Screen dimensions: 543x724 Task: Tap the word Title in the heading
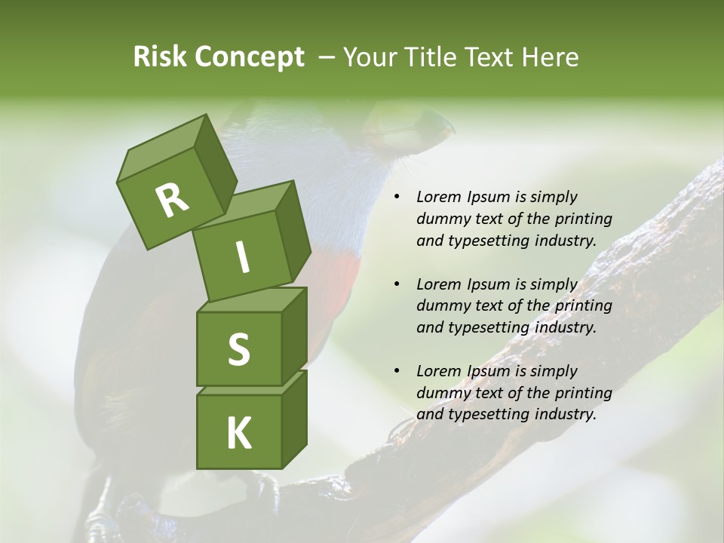pos(433,57)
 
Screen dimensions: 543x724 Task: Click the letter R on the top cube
pos(172,200)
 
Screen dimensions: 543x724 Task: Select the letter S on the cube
pos(238,349)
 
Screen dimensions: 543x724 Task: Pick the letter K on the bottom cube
pos(238,434)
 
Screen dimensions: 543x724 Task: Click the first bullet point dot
pos(397,198)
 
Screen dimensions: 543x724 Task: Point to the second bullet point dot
pos(397,284)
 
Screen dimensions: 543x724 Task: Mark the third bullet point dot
pos(397,371)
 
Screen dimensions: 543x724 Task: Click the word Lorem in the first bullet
pos(436,198)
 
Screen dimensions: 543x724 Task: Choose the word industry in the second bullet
pos(566,327)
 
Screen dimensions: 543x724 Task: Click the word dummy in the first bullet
pos(438,219)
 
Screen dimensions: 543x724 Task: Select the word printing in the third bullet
pos(584,393)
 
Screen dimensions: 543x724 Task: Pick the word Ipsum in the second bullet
pos(489,284)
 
